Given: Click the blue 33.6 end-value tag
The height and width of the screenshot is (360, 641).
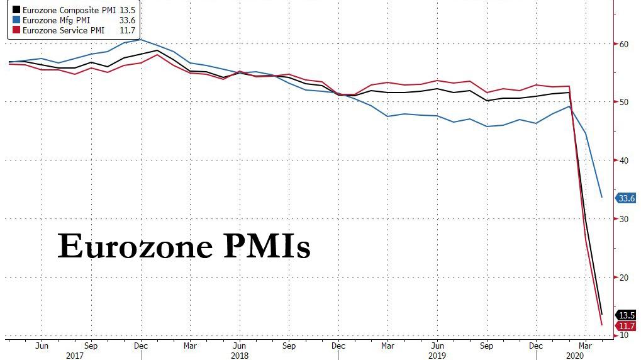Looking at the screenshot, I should [x=627, y=198].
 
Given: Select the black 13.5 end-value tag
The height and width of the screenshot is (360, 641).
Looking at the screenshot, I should [x=627, y=315].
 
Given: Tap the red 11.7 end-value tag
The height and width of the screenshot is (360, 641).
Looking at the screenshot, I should [x=627, y=325].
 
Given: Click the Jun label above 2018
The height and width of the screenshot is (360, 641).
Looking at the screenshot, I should [x=239, y=346].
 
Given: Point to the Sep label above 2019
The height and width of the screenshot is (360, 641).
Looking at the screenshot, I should [x=486, y=346].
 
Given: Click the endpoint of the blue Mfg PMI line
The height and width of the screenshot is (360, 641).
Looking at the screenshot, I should [x=602, y=197].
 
